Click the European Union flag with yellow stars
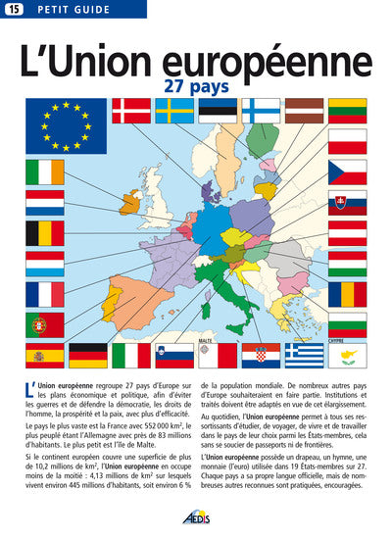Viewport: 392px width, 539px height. click(66, 126)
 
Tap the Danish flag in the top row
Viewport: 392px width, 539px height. click(131, 110)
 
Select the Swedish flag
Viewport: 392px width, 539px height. click(174, 110)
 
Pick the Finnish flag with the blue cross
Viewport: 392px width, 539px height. click(262, 110)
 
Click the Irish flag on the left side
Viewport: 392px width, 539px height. click(45, 171)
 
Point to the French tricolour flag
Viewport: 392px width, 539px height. click(45, 293)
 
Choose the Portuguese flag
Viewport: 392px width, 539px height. click(45, 323)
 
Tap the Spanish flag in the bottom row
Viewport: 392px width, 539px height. click(45, 355)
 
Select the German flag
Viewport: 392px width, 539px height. click(88, 355)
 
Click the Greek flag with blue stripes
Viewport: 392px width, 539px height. click(304, 355)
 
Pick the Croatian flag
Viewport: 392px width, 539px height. click(261, 355)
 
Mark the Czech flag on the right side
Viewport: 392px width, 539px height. click(347, 171)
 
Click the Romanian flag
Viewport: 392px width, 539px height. click(347, 293)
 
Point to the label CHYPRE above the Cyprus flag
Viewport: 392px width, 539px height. click(336, 340)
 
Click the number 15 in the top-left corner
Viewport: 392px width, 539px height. click(13, 10)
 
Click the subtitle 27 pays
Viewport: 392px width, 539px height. click(195, 85)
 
